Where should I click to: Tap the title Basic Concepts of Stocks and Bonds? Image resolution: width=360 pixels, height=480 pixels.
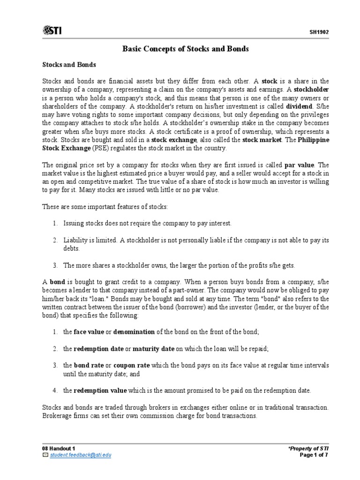point(186,49)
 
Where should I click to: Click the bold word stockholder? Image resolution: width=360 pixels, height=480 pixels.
point(311,89)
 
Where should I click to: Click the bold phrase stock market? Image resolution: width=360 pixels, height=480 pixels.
point(262,140)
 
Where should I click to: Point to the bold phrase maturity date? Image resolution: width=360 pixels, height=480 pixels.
point(153,349)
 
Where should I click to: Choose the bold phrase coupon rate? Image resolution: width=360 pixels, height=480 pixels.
point(128,365)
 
